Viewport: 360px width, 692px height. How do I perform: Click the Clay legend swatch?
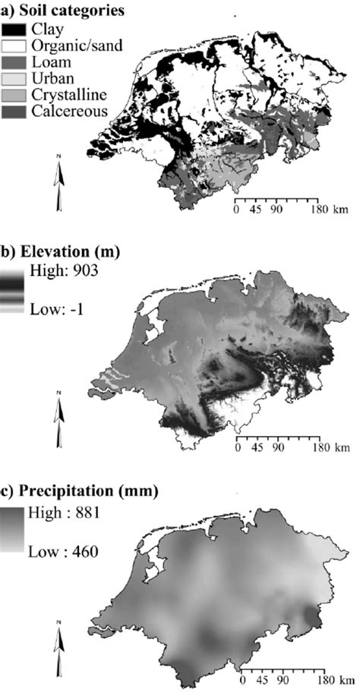click(14, 30)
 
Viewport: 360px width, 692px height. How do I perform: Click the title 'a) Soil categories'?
click(63, 11)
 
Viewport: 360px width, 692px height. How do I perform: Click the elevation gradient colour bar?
click(13, 289)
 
